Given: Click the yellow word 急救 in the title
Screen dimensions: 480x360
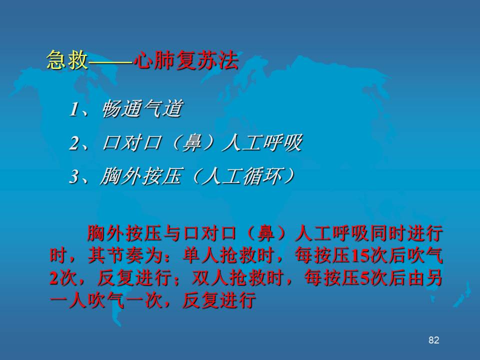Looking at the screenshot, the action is point(67,59).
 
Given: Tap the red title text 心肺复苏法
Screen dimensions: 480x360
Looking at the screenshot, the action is point(186,59).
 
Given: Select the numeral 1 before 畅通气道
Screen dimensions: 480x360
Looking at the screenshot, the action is point(73,109).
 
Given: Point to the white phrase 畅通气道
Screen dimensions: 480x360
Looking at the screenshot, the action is point(142,108).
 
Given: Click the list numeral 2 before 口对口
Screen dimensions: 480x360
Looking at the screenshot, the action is point(74,143).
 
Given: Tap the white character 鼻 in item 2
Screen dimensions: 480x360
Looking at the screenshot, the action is point(191,142).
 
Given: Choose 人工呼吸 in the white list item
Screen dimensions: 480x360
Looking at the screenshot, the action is point(261,142).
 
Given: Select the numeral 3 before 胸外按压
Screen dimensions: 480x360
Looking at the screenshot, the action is point(74,176).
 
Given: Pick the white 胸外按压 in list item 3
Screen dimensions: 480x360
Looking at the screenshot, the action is point(141,176).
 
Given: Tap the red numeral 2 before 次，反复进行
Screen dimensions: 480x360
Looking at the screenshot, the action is point(54,278).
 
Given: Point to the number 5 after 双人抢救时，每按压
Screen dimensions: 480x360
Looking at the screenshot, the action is point(364,278).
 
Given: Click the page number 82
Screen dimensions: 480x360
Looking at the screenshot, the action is point(434,340).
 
